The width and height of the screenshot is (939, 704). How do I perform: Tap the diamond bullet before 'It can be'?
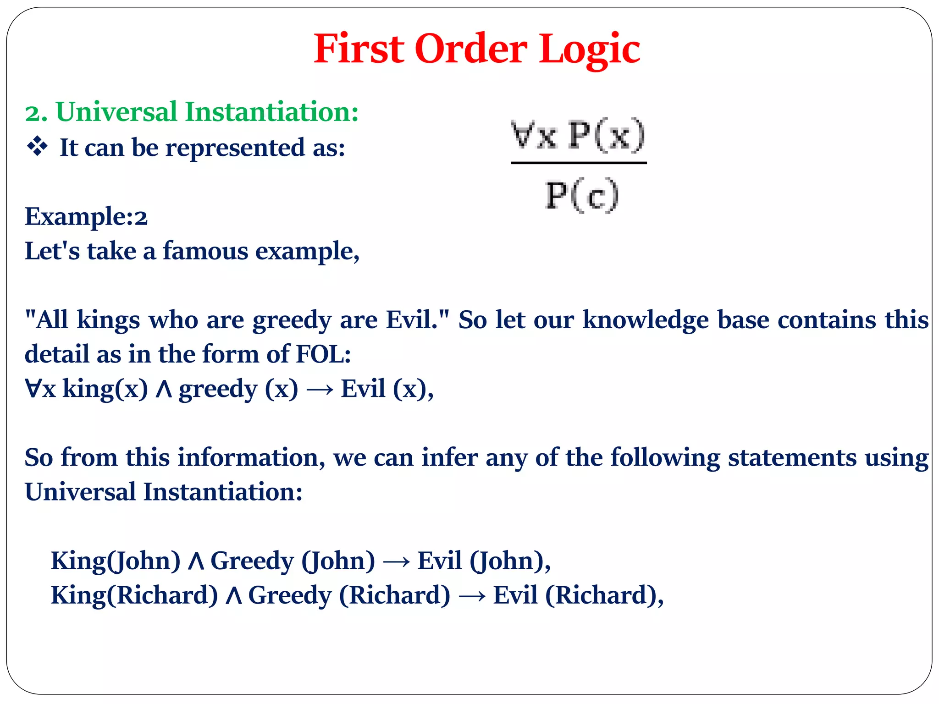pos(37,147)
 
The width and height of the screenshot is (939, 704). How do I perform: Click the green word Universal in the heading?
pos(116,112)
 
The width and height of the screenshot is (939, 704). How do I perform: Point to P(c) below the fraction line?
pos(582,196)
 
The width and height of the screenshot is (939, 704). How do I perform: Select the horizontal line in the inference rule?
pos(579,163)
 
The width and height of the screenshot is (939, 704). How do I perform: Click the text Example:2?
pos(86,216)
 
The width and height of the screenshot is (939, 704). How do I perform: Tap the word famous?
pos(205,251)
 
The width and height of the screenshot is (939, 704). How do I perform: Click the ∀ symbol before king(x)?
pos(33,389)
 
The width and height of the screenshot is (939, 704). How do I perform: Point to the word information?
pos(251,457)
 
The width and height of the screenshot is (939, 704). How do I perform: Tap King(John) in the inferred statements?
pos(116,561)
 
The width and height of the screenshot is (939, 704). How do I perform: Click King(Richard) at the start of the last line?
pos(134,595)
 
